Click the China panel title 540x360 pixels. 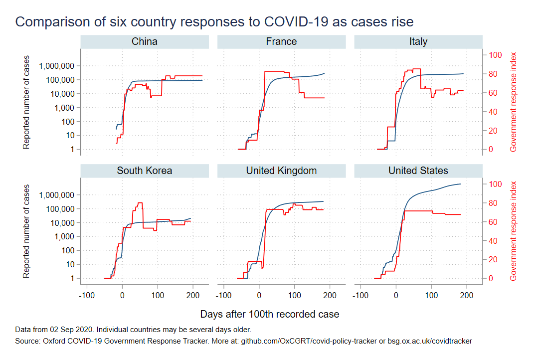[145, 42]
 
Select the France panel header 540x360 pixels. [281, 42]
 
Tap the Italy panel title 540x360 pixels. [418, 42]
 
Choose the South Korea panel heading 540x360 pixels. [145, 171]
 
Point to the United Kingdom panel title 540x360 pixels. [281, 171]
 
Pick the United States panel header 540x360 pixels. [418, 171]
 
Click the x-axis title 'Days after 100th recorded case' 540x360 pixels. [269, 315]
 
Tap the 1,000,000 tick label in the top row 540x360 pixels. [56, 66]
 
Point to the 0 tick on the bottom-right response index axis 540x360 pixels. [491, 278]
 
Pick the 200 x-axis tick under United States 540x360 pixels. [466, 296]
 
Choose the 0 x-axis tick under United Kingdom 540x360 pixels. [259, 296]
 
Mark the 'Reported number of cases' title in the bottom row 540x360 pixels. [26, 231]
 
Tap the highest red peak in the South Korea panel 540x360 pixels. [140, 203]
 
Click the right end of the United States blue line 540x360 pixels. [460, 184]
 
